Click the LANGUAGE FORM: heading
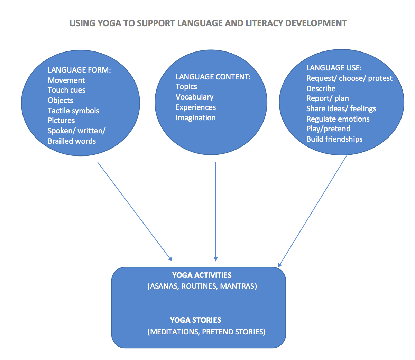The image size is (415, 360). click(79, 70)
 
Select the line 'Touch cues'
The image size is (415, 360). click(66, 90)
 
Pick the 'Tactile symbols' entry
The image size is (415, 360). click(73, 111)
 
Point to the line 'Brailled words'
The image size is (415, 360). click(72, 141)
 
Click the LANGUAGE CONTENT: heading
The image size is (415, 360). click(213, 77)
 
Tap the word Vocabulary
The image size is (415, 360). click(194, 97)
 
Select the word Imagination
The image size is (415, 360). click(195, 118)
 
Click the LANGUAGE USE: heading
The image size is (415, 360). click(334, 68)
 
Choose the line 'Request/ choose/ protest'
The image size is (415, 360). click(349, 78)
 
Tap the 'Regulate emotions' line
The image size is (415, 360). click(338, 119)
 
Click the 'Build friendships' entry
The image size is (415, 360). click(334, 139)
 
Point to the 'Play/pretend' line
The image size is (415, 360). click(328, 129)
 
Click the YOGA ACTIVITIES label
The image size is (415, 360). click(202, 275)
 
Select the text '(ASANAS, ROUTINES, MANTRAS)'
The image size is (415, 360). click(202, 286)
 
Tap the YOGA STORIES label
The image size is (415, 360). click(195, 320)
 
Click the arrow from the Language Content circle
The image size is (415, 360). click(216, 211)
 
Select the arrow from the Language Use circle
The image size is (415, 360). click(312, 211)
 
